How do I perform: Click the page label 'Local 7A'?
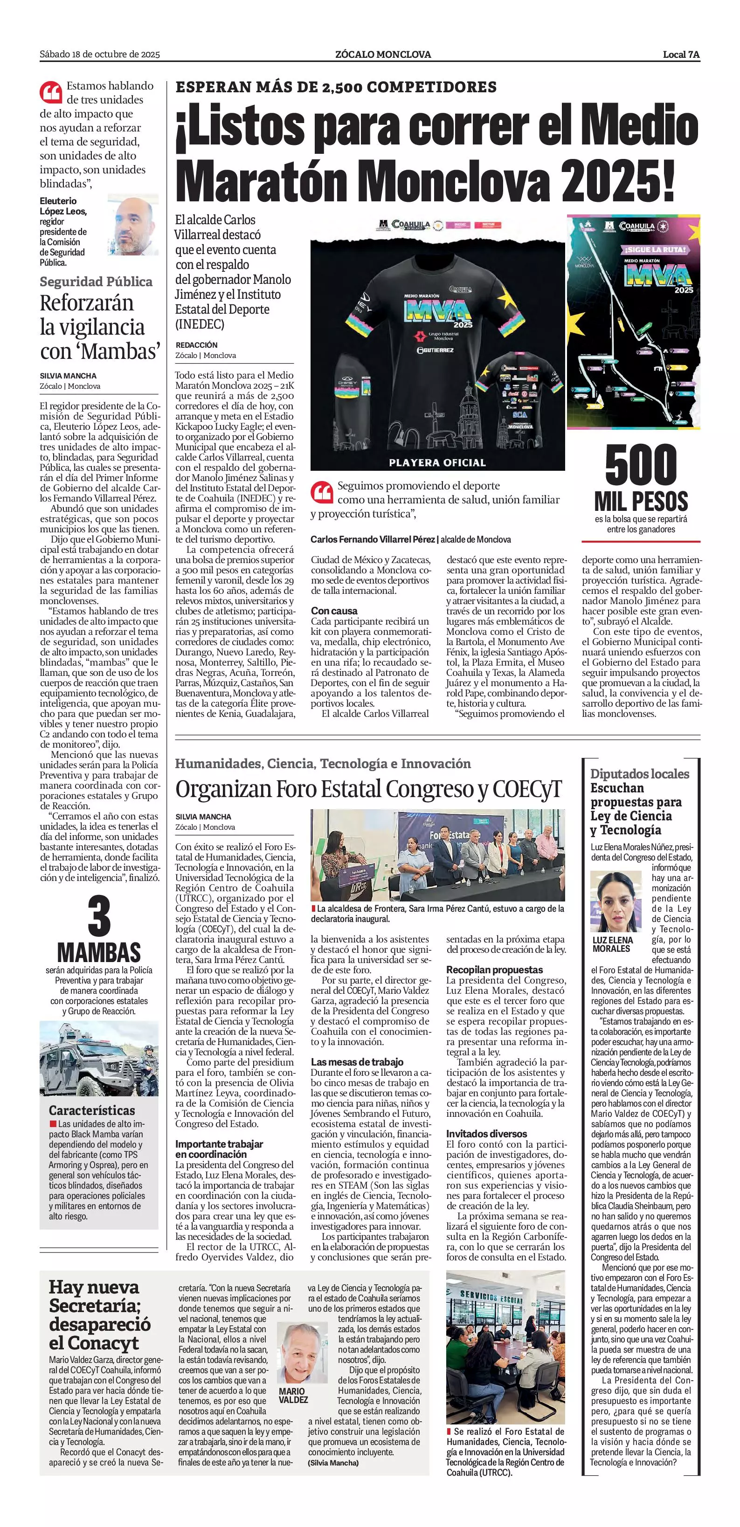(x=681, y=55)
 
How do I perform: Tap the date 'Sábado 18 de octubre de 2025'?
(x=100, y=55)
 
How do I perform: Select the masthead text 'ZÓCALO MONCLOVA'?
(x=383, y=55)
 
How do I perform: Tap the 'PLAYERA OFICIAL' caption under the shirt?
(x=437, y=462)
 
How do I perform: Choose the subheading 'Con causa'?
(x=334, y=611)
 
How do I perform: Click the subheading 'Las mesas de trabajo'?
(x=357, y=1062)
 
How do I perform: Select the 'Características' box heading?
(x=92, y=1110)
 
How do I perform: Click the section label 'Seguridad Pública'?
(x=96, y=282)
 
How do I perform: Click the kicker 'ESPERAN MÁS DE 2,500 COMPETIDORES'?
(x=336, y=87)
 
